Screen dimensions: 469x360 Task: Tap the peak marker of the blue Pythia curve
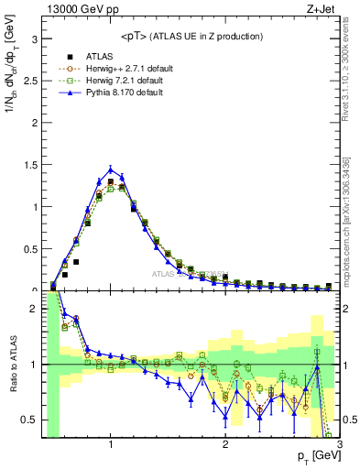111,169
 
